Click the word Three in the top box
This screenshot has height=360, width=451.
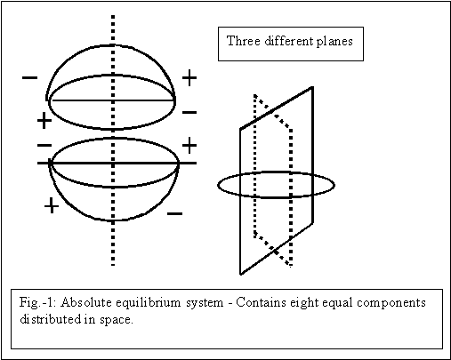244,41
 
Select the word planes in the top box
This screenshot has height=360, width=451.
334,41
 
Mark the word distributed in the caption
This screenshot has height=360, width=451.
50,319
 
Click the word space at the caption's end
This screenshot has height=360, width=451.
117,320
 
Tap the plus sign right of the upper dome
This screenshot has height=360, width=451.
189,78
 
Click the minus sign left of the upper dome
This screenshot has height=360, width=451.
29,78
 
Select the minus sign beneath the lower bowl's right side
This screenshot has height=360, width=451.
175,213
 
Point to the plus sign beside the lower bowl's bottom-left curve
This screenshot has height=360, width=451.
52,205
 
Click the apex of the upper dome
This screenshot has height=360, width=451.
113,45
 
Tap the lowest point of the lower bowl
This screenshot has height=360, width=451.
113,220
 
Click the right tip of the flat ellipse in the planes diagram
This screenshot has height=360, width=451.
334,185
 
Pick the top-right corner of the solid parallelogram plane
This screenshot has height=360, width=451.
312,87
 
